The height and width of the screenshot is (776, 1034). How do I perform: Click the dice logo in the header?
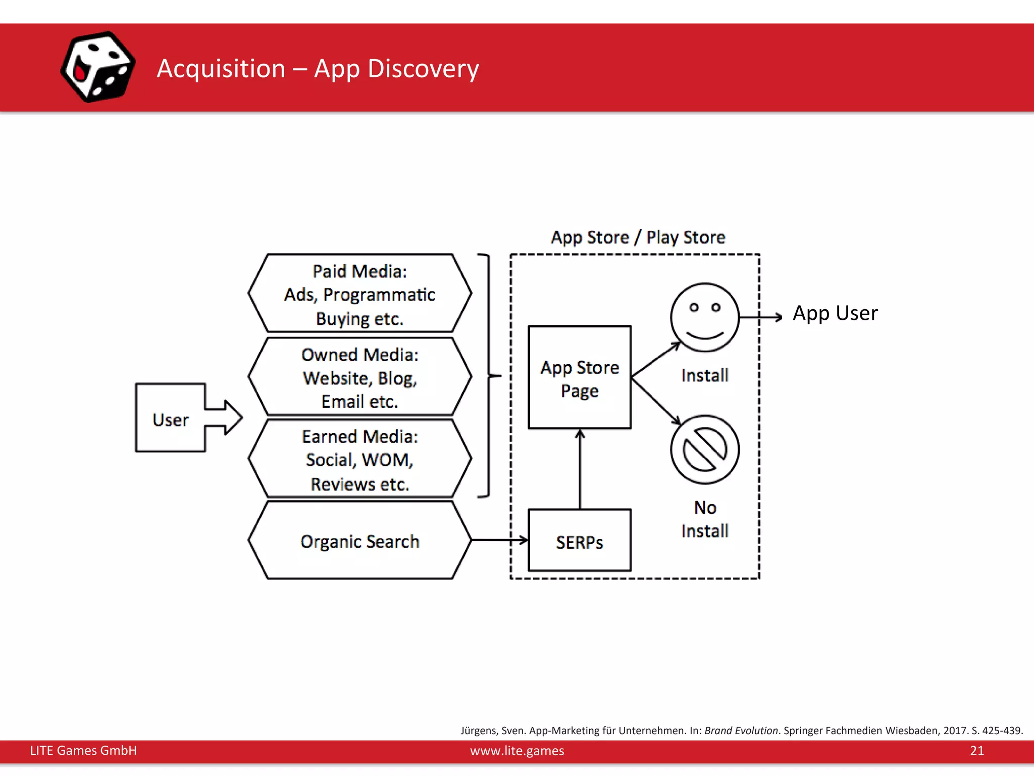click(x=98, y=67)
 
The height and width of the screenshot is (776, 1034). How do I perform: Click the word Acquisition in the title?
click(x=221, y=69)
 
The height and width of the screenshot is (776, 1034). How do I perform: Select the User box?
click(x=171, y=418)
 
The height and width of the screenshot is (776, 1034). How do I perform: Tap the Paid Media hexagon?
click(x=359, y=294)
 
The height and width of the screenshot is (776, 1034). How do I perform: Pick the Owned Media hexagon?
click(x=359, y=377)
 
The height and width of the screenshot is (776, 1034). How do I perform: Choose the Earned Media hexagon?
click(x=359, y=460)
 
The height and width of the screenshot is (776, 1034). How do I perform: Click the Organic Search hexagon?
click(x=359, y=541)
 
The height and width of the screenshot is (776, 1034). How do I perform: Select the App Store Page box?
click(x=580, y=378)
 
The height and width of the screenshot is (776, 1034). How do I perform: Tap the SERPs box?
click(x=580, y=541)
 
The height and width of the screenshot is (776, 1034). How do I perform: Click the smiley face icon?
click(x=704, y=317)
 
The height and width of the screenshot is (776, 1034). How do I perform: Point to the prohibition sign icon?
click(x=705, y=450)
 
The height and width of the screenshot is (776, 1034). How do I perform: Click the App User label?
click(x=835, y=313)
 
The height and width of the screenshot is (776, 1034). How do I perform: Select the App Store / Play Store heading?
click(x=638, y=237)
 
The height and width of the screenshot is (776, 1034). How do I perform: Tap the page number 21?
click(x=976, y=751)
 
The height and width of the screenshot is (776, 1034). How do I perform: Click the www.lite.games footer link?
click(x=517, y=751)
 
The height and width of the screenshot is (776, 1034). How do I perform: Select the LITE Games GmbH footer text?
click(x=83, y=751)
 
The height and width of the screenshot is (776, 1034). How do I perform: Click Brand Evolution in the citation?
click(x=741, y=731)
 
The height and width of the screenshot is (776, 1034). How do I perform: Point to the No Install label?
click(x=705, y=519)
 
